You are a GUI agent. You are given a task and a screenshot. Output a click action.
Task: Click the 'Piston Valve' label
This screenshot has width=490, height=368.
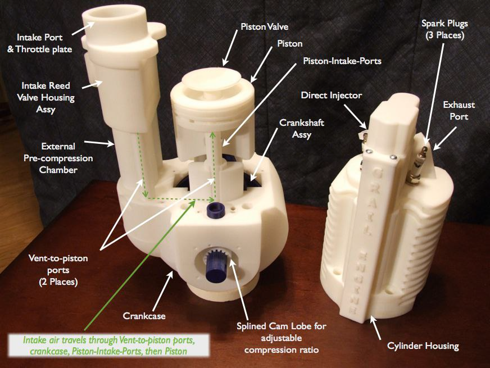coord(264,27)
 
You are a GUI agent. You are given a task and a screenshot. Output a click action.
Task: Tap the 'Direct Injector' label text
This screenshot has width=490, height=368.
coord(331,95)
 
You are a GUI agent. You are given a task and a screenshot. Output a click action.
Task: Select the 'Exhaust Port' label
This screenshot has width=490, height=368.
coord(459,111)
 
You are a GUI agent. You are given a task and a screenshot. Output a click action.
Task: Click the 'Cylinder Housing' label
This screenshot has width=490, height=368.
coord(423,346)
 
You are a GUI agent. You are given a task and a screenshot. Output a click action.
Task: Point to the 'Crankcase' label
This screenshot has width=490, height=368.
coord(144,316)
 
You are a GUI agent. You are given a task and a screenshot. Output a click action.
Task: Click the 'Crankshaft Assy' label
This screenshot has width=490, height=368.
coord(302,129)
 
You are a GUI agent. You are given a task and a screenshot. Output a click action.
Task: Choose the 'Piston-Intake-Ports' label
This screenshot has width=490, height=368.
coord(342,61)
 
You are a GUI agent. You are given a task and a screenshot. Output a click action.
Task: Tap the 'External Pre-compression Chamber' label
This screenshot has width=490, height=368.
coord(58,158)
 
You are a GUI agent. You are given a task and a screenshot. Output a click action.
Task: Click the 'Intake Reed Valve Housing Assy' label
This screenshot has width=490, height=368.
coord(46,97)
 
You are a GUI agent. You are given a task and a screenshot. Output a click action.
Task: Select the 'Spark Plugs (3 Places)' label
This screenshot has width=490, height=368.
coord(444,29)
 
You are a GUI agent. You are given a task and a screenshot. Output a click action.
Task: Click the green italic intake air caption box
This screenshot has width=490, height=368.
coord(109,346)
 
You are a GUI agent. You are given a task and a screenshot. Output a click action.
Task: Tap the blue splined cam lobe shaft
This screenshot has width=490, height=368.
coord(216,265)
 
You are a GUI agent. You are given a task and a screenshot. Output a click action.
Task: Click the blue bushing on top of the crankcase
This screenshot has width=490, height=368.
coord(215,210)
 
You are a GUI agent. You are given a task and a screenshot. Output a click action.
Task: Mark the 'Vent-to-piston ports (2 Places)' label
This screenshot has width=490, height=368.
coord(58,270)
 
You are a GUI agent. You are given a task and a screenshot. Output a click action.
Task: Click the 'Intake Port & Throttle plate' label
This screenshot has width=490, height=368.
coord(40,43)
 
